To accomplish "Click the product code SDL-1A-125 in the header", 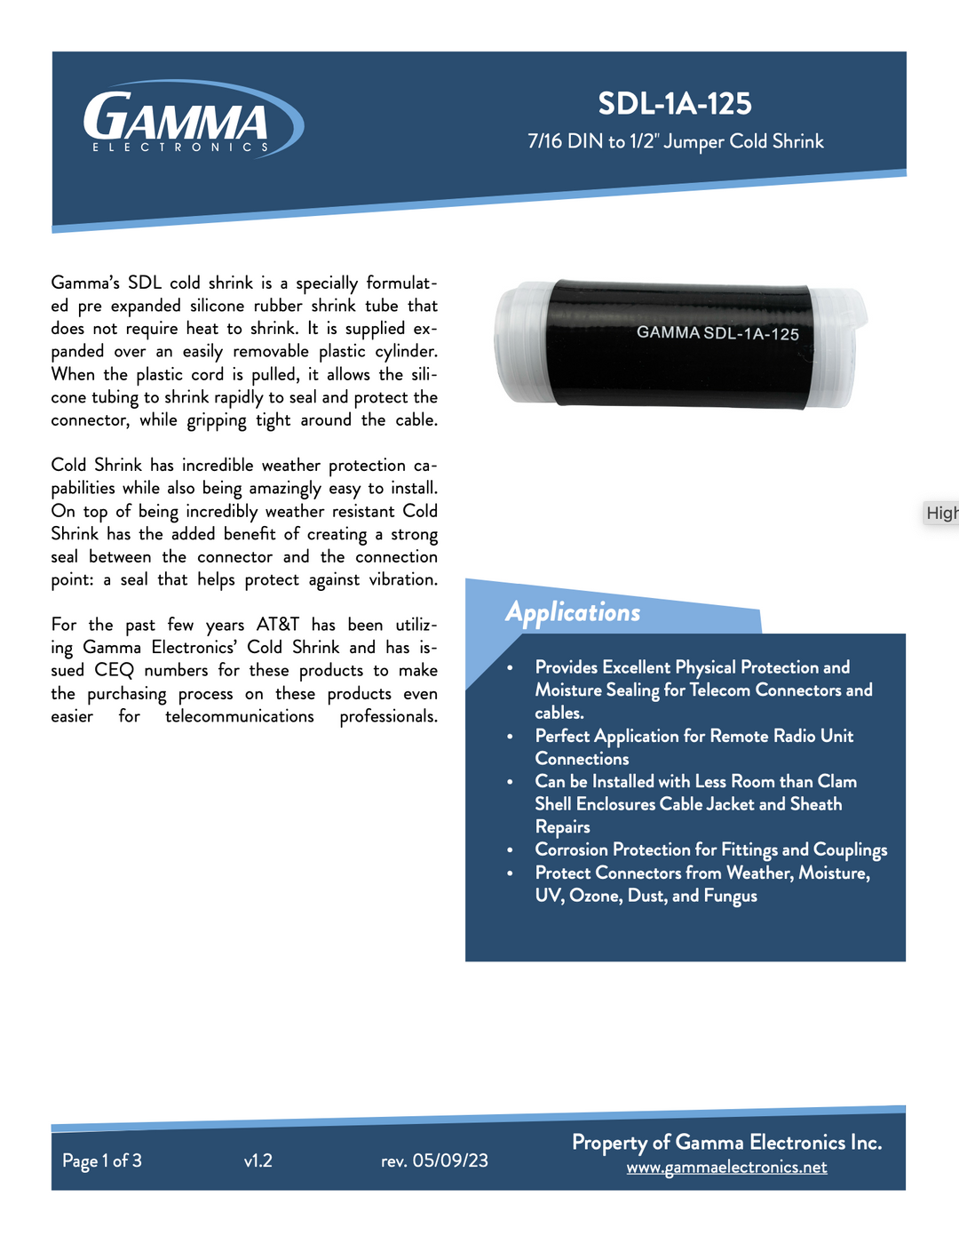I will [675, 104].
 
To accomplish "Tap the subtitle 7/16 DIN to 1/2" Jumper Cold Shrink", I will [675, 141].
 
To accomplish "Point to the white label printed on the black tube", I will [717, 333].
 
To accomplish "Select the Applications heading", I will [573, 612].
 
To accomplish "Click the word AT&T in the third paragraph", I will [277, 625].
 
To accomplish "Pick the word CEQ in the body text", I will [114, 670].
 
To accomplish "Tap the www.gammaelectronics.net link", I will [726, 1168].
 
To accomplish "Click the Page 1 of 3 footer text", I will [102, 1160].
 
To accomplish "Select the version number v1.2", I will [258, 1160].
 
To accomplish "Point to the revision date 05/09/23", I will [450, 1160].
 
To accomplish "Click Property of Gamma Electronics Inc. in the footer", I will [726, 1143].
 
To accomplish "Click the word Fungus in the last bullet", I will [730, 896].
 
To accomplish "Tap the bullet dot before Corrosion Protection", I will [510, 850].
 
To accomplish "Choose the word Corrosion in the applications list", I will [571, 849].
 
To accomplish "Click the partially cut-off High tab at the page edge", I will [941, 513].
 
